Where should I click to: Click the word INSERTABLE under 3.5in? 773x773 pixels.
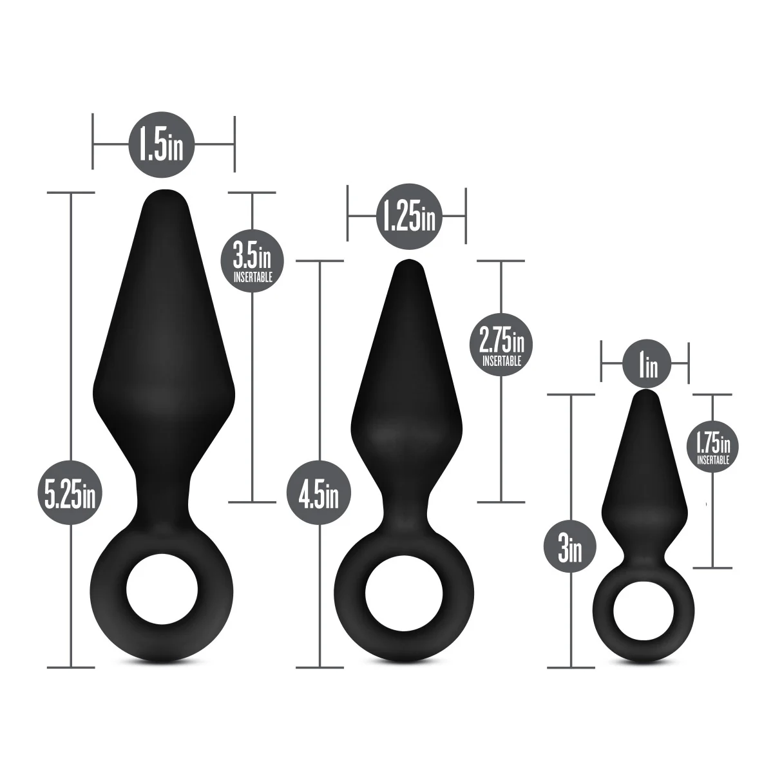pyautogui.click(x=251, y=278)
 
